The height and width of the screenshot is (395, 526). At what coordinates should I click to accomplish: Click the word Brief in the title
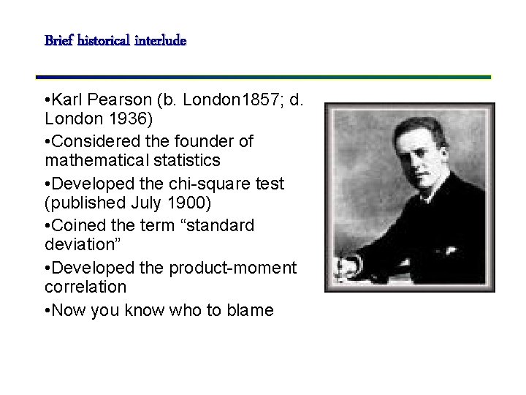click(57, 40)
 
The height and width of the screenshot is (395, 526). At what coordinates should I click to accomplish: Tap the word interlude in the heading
click(161, 40)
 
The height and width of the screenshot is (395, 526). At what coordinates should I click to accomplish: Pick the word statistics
click(186, 160)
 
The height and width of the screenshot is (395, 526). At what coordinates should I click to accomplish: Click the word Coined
click(79, 226)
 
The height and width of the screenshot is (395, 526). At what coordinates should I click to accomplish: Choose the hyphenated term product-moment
click(233, 268)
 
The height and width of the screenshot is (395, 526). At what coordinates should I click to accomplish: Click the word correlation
click(85, 287)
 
